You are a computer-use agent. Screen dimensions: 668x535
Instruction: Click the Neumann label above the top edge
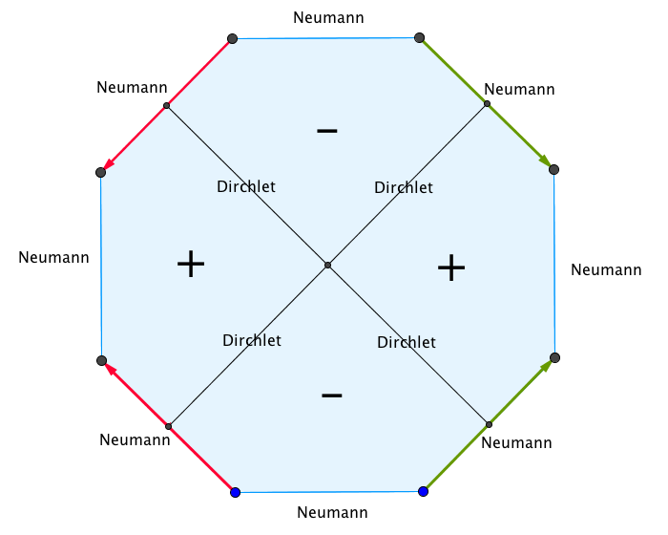[x=328, y=18]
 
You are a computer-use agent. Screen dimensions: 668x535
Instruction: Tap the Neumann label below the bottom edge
[x=332, y=512]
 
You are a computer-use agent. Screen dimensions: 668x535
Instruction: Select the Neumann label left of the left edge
[x=53, y=258]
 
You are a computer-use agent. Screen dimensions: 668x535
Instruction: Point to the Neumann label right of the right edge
[x=606, y=270]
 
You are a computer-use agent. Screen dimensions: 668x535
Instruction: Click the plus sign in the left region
[x=191, y=264]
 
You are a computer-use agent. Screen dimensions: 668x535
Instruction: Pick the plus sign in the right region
[x=451, y=267]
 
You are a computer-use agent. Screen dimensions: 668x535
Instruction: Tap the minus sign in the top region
[x=327, y=131]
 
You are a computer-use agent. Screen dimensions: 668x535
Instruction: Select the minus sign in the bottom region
[x=332, y=396]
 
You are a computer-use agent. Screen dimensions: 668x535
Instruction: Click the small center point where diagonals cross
[x=327, y=266]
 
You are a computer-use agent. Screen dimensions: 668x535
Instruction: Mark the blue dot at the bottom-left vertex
[x=235, y=493]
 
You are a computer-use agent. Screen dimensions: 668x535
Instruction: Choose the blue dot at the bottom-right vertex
[x=423, y=491]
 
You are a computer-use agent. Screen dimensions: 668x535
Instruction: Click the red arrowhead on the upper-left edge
[x=109, y=164]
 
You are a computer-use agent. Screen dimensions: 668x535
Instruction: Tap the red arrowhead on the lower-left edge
[x=110, y=369]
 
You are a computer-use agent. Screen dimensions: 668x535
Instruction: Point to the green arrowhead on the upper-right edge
[x=545, y=160]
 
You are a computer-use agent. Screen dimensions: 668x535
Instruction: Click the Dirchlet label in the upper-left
[x=246, y=187]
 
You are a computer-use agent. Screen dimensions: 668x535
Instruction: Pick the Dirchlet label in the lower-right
[x=407, y=343]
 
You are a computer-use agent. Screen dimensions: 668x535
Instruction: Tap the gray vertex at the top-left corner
[x=232, y=39]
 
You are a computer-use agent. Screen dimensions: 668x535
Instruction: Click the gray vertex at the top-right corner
[x=419, y=38]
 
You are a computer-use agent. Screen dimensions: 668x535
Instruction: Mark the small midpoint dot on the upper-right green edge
[x=487, y=104]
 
